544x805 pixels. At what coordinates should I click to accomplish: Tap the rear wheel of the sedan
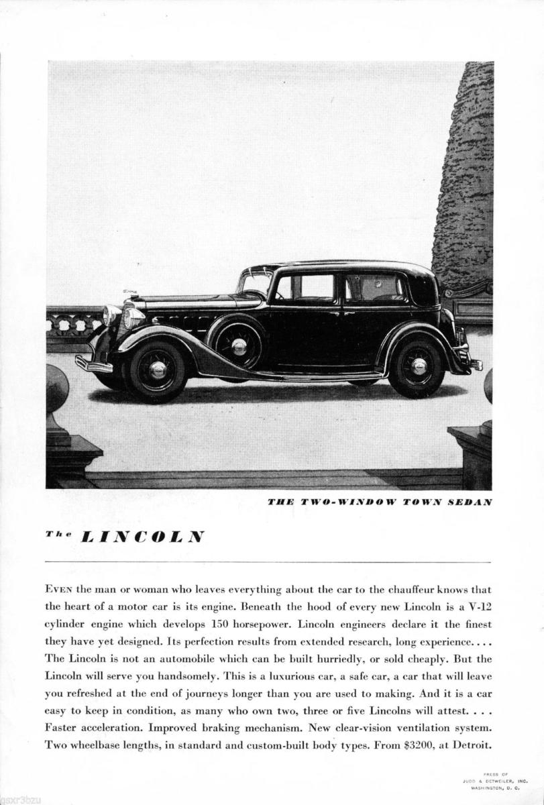[x=419, y=366]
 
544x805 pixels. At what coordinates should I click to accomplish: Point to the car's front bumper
[x=93, y=364]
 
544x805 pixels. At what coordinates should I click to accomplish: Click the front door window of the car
[x=305, y=288]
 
